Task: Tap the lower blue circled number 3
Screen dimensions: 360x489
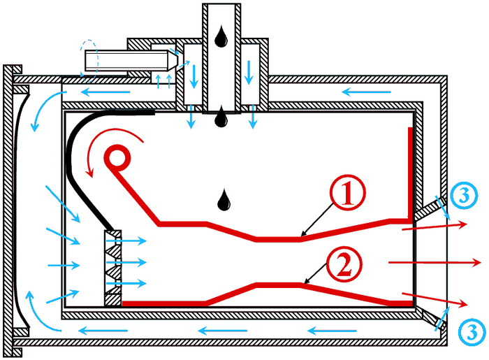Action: [469, 329]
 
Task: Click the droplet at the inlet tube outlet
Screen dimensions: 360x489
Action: [221, 117]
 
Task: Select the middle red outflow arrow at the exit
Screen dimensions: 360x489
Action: [433, 262]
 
